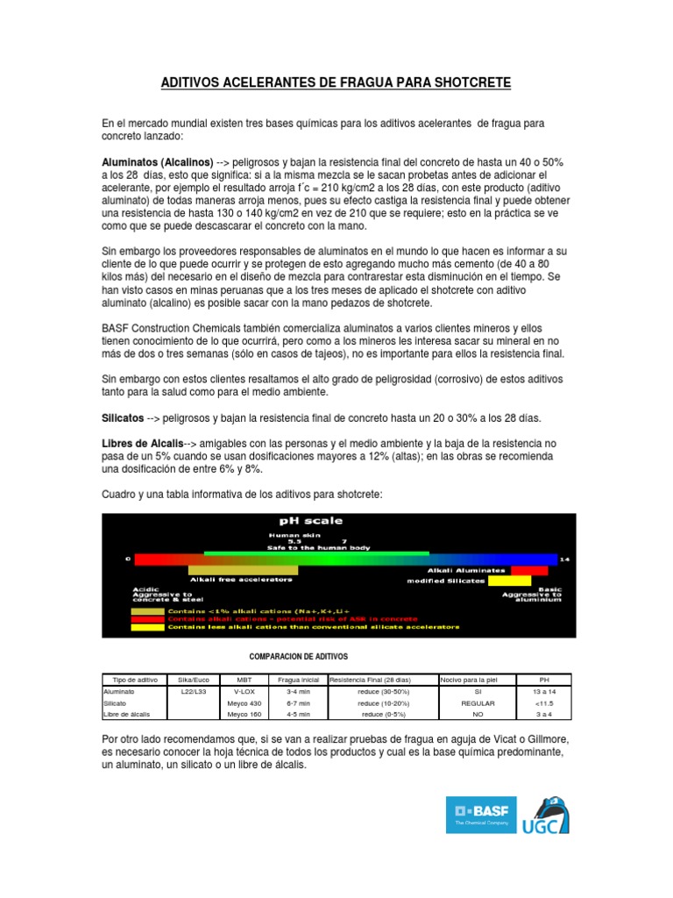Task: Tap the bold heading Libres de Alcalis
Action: click(143, 444)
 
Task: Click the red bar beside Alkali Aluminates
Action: click(529, 570)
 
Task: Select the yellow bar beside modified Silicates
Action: click(509, 581)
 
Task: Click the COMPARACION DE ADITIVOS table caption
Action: click(299, 656)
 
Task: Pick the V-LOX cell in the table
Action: click(244, 691)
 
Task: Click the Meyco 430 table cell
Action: click(244, 703)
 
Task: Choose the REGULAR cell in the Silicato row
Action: click(478, 703)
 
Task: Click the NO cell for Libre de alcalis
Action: click(478, 715)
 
